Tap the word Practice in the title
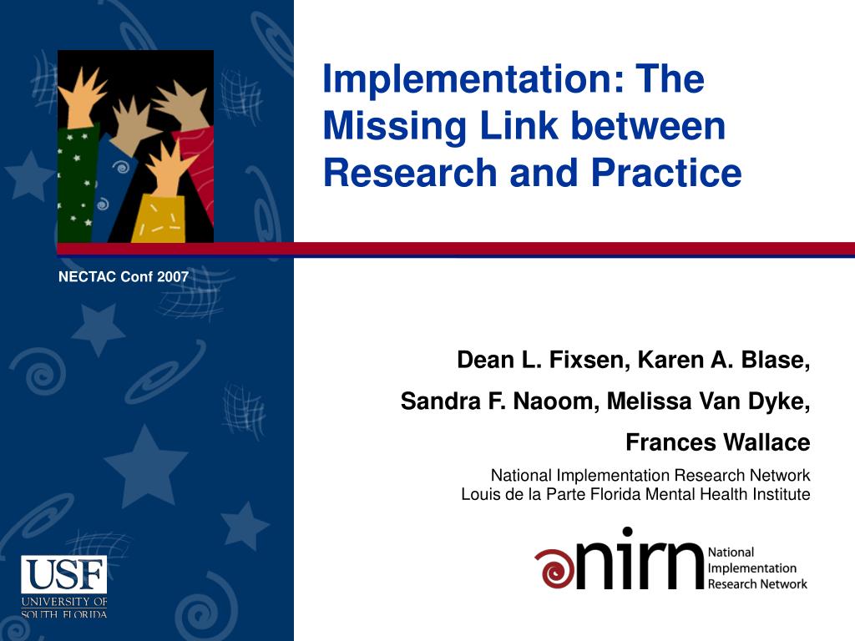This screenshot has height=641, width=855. [x=666, y=173]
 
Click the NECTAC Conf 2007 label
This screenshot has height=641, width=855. [x=124, y=277]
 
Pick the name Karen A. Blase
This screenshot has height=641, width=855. [x=725, y=361]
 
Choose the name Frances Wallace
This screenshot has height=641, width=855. [x=718, y=442]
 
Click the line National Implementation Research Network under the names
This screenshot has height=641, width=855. [x=650, y=476]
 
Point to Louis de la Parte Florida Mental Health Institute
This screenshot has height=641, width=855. [x=635, y=494]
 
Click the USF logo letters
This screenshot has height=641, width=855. [x=64, y=574]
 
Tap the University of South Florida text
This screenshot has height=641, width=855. [x=64, y=608]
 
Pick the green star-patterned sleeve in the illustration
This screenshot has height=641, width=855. [x=77, y=184]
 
